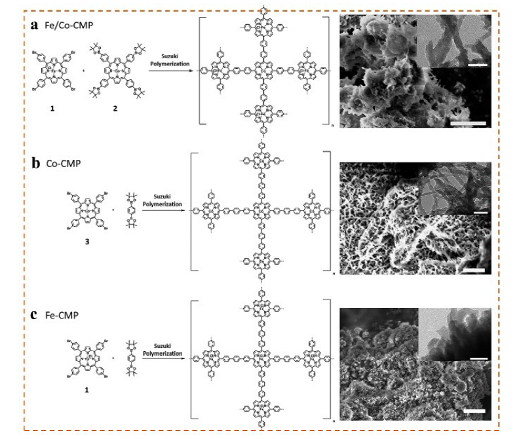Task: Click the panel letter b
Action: (36, 163)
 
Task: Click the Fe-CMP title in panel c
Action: (62, 316)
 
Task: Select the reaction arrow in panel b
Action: (165, 210)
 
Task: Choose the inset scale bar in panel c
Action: (480, 358)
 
